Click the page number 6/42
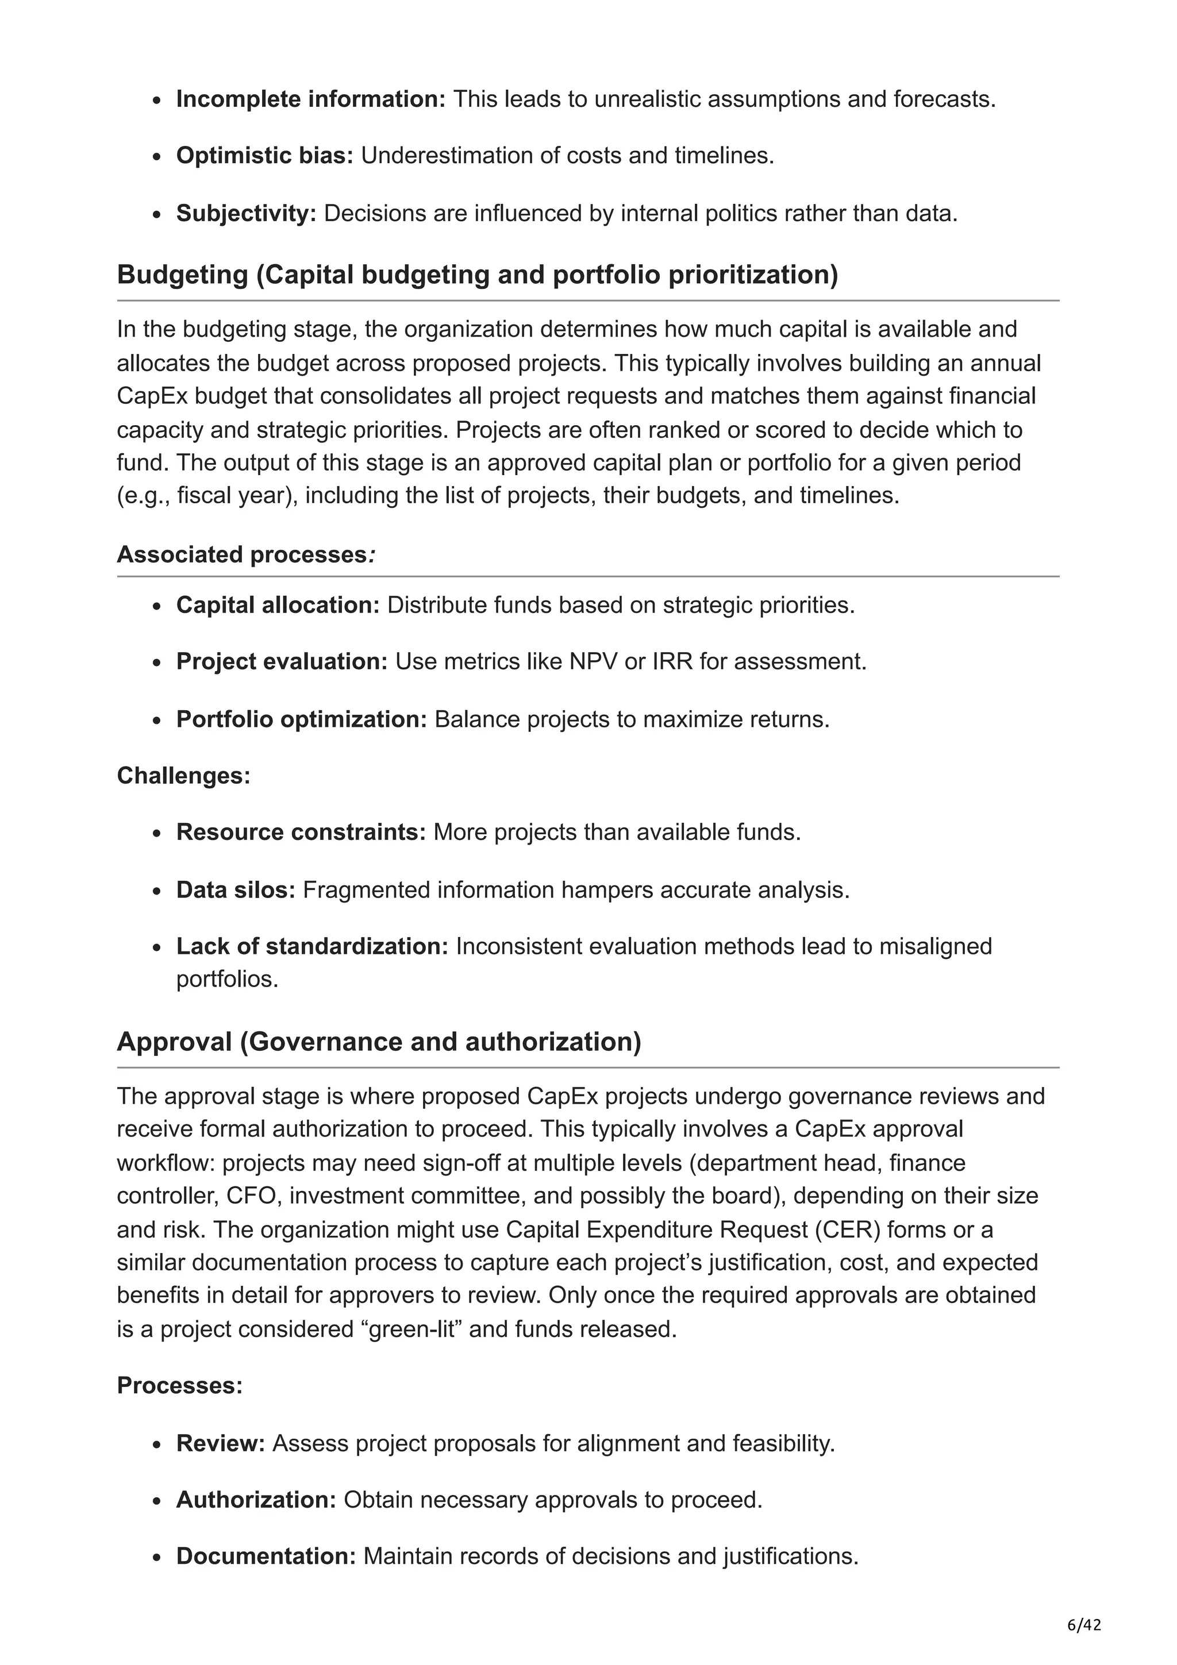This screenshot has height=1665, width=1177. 1084,1625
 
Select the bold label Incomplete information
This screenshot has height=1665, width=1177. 310,99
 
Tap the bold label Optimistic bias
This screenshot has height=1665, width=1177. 264,156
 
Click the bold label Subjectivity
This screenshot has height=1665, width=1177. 246,214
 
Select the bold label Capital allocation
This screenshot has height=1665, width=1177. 277,605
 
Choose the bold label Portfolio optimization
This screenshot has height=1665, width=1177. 301,719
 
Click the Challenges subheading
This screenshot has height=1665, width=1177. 183,776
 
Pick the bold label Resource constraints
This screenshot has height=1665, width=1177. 300,832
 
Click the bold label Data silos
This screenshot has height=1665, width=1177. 235,890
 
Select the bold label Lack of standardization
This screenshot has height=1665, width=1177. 312,946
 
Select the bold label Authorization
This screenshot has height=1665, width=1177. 255,1499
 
